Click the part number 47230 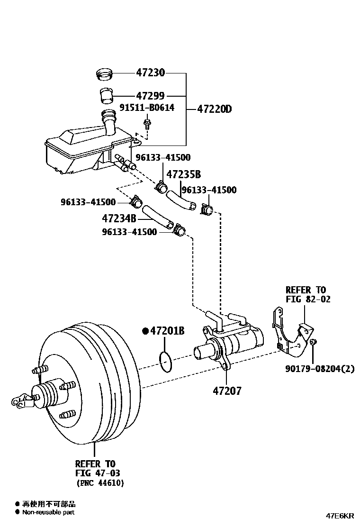pyautogui.click(x=150, y=73)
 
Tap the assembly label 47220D pyautogui.click(x=214, y=109)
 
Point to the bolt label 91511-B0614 pyautogui.click(x=146, y=108)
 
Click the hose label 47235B pyautogui.click(x=183, y=174)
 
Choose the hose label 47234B pyautogui.click(x=119, y=218)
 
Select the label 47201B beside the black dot pyautogui.click(x=167, y=331)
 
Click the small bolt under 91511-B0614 pyautogui.click(x=147, y=124)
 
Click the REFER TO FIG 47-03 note pyautogui.click(x=95, y=468)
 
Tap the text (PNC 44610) pyautogui.click(x=100, y=483)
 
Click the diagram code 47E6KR pyautogui.click(x=339, y=515)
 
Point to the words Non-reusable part pyautogui.click(x=48, y=512)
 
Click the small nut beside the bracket pyautogui.click(x=313, y=342)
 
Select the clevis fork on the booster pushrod pyautogui.click(x=20, y=400)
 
